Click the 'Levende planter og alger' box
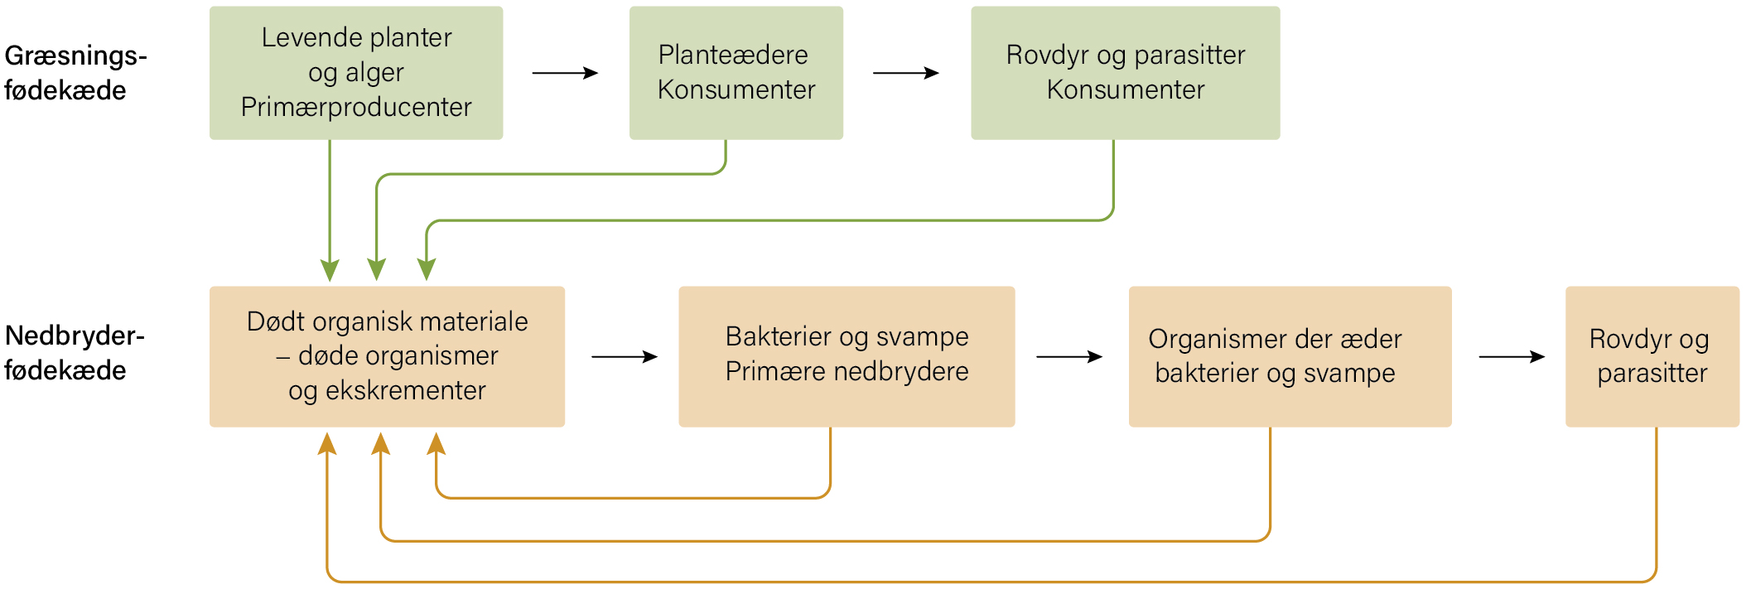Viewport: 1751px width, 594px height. point(356,73)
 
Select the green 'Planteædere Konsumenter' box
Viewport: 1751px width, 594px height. point(736,73)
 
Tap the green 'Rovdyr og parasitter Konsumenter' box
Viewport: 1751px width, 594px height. point(1126,73)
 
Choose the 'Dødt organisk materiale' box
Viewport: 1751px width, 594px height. point(387,356)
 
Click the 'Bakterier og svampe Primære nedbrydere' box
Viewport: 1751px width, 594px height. point(847,356)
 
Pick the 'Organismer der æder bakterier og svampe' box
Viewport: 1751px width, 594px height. point(1290,356)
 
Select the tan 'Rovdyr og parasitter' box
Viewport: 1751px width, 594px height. point(1652,356)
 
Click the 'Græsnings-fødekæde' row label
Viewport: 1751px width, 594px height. point(75,73)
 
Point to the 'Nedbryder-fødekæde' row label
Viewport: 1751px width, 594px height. point(75,353)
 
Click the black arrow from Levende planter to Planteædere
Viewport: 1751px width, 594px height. point(565,73)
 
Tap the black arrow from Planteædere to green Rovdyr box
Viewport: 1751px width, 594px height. point(906,73)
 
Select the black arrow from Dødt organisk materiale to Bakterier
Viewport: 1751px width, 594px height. point(625,357)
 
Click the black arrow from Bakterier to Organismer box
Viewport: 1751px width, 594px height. point(1069,357)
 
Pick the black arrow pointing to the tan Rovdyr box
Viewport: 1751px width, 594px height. point(1512,357)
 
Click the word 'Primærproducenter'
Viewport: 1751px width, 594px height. point(356,108)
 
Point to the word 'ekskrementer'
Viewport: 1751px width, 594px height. point(406,390)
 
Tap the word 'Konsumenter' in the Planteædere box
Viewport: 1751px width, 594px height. point(736,89)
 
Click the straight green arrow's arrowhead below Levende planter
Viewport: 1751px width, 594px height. point(330,270)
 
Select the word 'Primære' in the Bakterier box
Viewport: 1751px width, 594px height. point(775,371)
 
